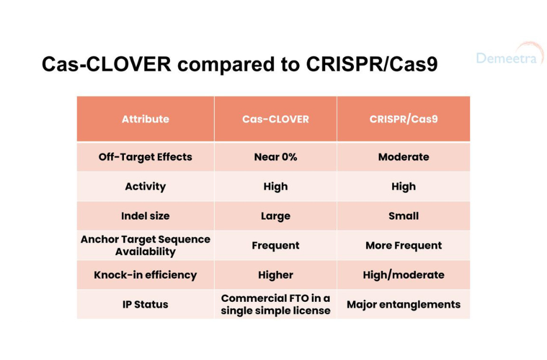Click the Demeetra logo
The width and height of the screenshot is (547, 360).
click(509, 56)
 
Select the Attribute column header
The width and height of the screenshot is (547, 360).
click(145, 119)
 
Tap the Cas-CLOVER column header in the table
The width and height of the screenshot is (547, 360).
click(276, 119)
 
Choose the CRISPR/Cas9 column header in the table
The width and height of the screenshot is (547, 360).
click(404, 119)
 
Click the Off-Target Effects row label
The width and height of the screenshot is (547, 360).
click(145, 157)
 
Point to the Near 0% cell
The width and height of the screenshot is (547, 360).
click(276, 157)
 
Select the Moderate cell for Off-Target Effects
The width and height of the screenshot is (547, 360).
click(404, 157)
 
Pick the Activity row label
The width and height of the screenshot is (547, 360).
click(145, 187)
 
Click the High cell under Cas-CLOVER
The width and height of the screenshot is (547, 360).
click(276, 187)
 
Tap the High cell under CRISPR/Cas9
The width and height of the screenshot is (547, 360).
click(404, 187)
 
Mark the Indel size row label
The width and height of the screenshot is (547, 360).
click(145, 216)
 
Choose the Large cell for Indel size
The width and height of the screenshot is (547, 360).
click(276, 216)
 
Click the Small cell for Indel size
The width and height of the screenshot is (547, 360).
click(404, 216)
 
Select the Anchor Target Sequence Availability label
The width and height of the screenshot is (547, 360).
click(145, 245)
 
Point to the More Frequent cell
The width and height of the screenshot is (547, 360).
click(404, 245)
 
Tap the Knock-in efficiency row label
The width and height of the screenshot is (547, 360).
click(145, 275)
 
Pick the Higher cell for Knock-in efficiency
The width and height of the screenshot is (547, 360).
click(276, 275)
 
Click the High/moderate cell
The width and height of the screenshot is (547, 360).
click(404, 275)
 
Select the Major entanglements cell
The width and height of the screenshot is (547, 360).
click(404, 305)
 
